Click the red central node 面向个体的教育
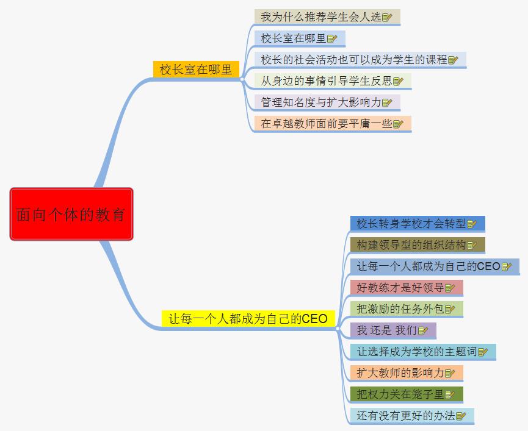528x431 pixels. [71, 214]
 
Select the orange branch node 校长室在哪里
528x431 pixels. [196, 69]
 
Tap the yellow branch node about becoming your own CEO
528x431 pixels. [248, 318]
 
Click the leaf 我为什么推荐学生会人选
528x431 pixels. [321, 17]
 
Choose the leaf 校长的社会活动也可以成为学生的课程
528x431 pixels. [354, 60]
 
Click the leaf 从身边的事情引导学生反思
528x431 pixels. [327, 81]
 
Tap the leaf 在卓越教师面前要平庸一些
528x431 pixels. [327, 124]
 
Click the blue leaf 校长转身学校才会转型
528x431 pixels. [411, 224]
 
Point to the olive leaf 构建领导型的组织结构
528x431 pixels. [411, 245]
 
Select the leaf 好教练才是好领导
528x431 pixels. [400, 288]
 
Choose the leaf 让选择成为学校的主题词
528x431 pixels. [417, 352]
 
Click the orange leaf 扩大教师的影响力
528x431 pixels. [400, 373]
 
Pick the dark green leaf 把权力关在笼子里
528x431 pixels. [400, 394]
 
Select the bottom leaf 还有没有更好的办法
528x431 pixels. [406, 416]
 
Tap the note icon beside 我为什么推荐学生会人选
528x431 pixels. [387, 18]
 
